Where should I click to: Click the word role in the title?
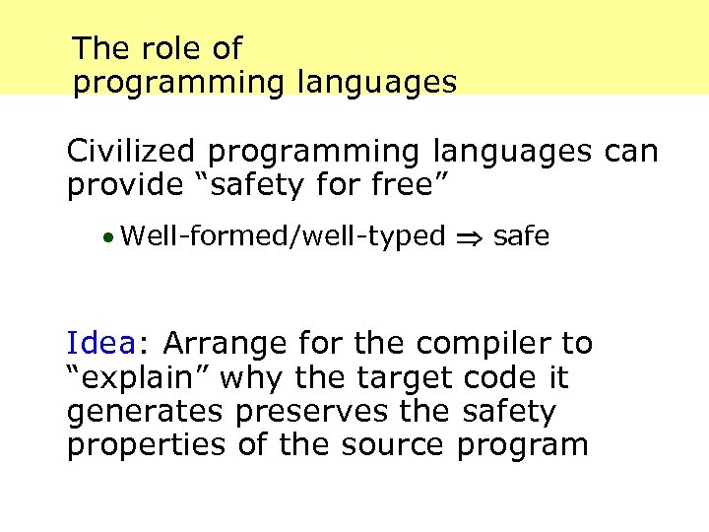click(x=159, y=47)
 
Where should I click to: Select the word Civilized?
click(x=132, y=152)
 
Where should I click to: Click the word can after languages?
click(x=630, y=152)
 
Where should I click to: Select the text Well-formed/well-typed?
click(x=284, y=237)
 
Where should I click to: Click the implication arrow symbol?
click(x=469, y=238)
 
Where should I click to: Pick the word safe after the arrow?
click(x=522, y=236)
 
